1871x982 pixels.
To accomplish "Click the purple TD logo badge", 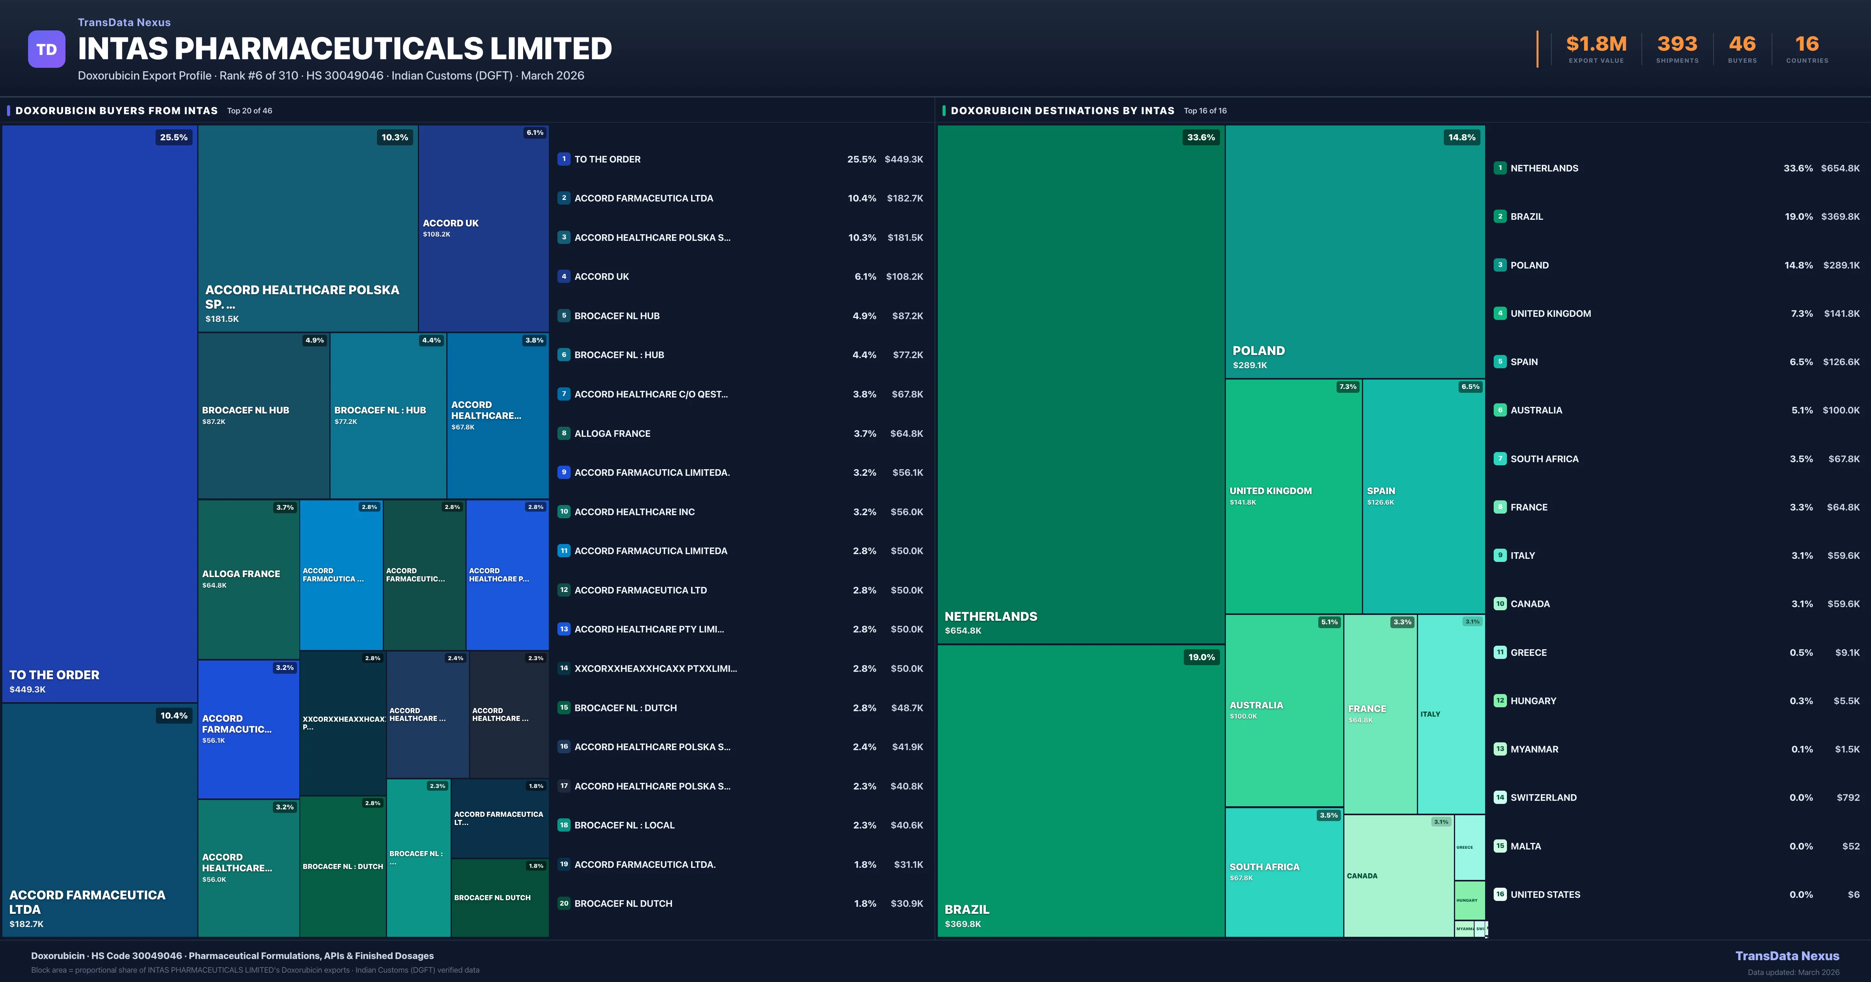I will [x=46, y=49].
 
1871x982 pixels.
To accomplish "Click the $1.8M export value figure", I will [x=1596, y=44].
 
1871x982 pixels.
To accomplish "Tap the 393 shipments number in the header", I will [x=1676, y=44].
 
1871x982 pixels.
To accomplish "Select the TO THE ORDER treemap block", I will [x=99, y=414].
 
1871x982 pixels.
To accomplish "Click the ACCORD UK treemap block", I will [x=483, y=228].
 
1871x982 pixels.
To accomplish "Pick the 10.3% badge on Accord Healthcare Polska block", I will [x=394, y=137].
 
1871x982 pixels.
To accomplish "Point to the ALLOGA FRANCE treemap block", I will [x=248, y=579].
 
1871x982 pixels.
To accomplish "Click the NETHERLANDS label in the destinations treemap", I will [x=991, y=616].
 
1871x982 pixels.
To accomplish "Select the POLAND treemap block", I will [x=1355, y=251].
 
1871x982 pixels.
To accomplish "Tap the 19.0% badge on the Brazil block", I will [x=1201, y=657].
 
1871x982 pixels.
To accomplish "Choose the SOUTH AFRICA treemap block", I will [x=1284, y=872].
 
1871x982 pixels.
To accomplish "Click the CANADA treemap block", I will [x=1398, y=876].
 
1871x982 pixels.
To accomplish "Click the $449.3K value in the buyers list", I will [x=904, y=159].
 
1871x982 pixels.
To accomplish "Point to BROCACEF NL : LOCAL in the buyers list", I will [x=624, y=825].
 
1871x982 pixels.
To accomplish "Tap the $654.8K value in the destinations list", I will [x=1840, y=168].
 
